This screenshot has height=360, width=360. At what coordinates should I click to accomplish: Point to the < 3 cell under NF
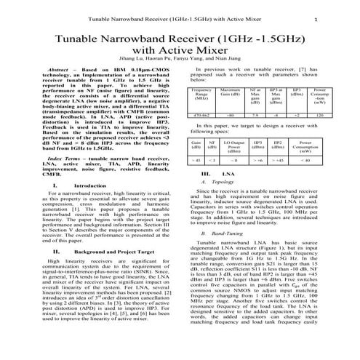pyautogui.click(x=211, y=159)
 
